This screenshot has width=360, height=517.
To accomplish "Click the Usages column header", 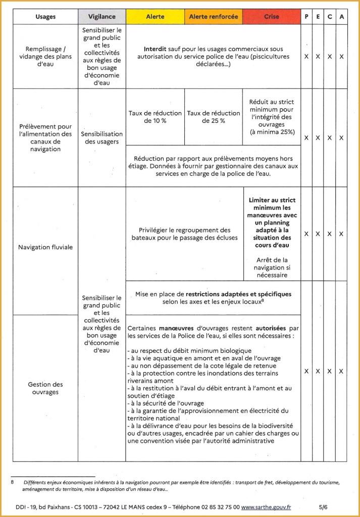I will click(x=45, y=17).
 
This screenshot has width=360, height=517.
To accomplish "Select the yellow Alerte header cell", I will click(x=155, y=17).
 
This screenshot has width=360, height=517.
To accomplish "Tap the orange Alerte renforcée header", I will click(x=214, y=17).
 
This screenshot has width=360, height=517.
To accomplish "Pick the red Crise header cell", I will click(x=271, y=17).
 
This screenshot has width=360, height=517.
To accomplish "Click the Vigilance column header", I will click(x=101, y=17).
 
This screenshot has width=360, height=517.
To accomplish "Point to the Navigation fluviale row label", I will click(x=45, y=247).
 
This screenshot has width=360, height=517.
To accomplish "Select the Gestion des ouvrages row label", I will click(x=45, y=388).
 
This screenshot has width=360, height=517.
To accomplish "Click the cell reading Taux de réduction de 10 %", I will click(x=155, y=117).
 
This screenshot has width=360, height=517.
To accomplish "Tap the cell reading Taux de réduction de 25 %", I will click(x=214, y=117).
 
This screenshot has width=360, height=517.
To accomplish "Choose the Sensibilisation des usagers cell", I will click(x=101, y=138).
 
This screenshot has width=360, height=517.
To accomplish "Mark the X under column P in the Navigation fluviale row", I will click(x=306, y=234).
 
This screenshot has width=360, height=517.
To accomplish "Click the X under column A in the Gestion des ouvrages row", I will click(x=341, y=371).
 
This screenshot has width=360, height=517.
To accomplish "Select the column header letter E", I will click(x=318, y=17).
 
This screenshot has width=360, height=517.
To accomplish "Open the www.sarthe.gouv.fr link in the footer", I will click(x=266, y=506).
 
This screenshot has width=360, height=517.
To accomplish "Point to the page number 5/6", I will click(x=323, y=506).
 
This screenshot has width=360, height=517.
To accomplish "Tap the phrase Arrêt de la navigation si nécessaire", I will click(x=271, y=267).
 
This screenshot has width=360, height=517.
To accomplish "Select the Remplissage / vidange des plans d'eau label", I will click(x=45, y=57).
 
